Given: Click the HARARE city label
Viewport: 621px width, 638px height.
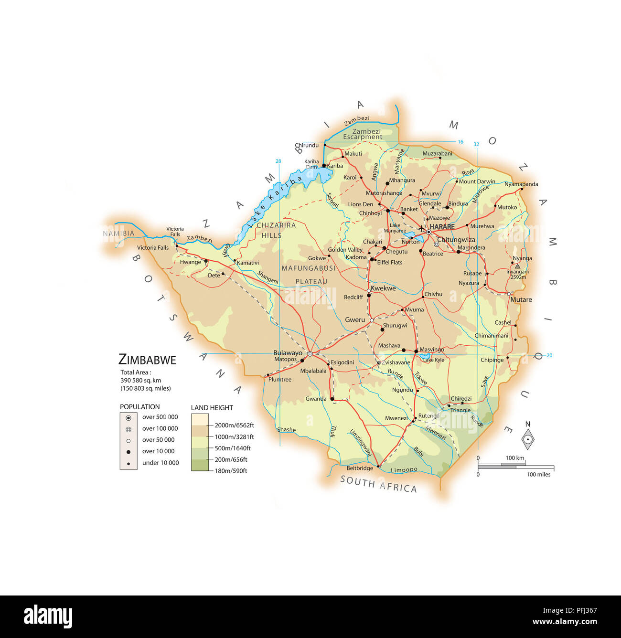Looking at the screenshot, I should tap(442, 226).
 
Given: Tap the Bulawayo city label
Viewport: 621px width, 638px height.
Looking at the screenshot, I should tap(288, 353).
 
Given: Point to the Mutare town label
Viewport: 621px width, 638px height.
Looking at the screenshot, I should tap(521, 299).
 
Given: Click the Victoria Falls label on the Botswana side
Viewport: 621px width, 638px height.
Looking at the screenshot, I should tap(153, 247).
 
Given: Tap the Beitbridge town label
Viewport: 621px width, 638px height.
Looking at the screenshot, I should tap(360, 468).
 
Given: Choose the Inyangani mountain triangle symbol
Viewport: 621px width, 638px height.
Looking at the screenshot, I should tap(517, 266).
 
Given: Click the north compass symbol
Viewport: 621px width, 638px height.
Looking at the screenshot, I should tap(528, 439).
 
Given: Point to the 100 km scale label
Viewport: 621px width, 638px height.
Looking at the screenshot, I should tap(515, 458).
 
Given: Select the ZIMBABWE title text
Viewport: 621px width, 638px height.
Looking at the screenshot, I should tap(147, 360).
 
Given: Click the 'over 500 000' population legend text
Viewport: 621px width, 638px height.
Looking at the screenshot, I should tap(160, 417).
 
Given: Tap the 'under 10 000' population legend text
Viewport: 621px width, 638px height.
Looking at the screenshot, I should tap(161, 463).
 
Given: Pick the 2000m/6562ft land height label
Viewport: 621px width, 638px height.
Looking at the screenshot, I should tap(234, 425).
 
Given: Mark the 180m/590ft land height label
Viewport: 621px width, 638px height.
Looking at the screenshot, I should tap(231, 471).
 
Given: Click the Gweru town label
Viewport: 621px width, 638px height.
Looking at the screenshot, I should tap(355, 319).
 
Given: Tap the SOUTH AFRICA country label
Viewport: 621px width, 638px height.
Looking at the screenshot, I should tap(378, 484).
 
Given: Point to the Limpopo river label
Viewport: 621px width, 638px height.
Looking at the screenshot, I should tap(404, 470).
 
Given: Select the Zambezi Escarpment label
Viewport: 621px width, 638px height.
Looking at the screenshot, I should tap(363, 134).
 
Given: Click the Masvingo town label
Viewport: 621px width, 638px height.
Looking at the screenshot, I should tap(432, 350).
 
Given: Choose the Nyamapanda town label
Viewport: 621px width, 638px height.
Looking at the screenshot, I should tap(521, 184).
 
